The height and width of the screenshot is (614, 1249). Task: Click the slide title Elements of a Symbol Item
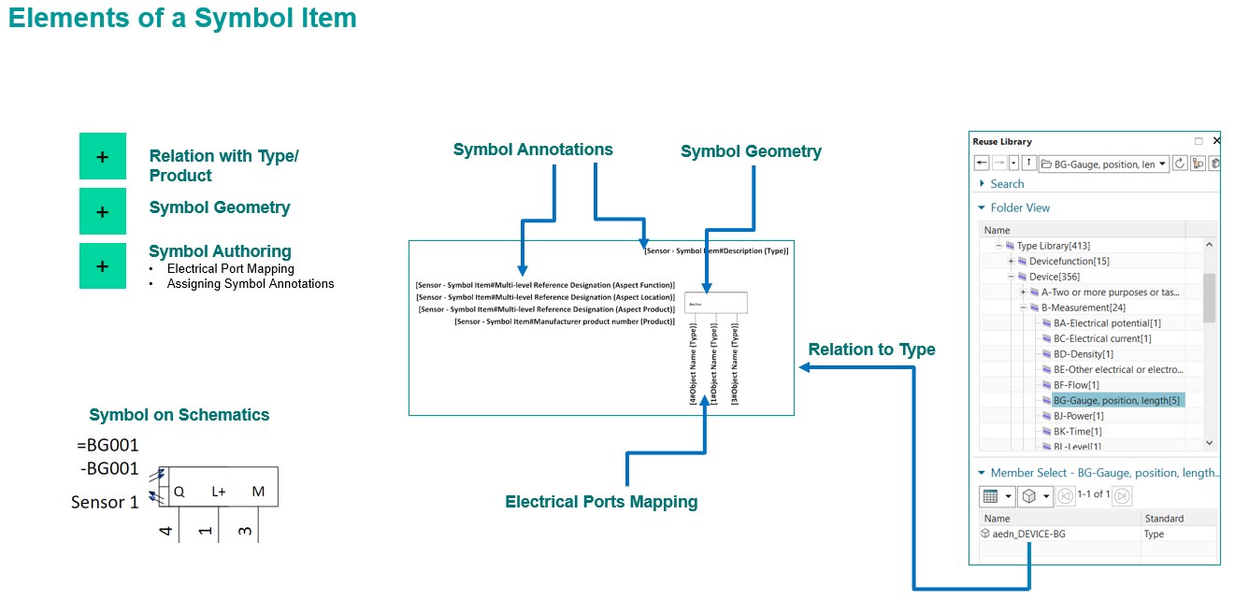click(x=182, y=18)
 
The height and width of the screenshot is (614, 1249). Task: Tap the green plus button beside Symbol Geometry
click(x=103, y=211)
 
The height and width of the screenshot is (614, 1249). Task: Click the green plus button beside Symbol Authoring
click(x=103, y=266)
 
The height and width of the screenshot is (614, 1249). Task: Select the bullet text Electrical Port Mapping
click(x=230, y=269)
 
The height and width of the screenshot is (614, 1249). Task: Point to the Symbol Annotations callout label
click(x=533, y=150)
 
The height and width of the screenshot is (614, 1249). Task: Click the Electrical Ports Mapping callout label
click(x=601, y=502)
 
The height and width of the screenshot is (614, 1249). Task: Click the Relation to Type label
click(x=871, y=350)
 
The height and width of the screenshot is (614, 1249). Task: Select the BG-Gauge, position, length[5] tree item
click(x=1116, y=400)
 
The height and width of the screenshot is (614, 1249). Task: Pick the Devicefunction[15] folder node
click(x=1069, y=261)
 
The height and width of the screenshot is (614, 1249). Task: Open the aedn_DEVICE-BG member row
click(x=1028, y=534)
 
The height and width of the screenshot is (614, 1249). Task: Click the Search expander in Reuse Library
click(x=1007, y=184)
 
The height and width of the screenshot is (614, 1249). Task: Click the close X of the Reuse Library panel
click(x=1216, y=141)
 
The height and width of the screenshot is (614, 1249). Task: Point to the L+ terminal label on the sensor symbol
click(x=219, y=492)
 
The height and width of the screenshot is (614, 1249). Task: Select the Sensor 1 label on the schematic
click(x=105, y=503)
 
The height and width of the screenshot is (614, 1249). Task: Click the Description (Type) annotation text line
click(x=715, y=250)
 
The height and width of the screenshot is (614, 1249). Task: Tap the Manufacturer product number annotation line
click(x=564, y=321)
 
